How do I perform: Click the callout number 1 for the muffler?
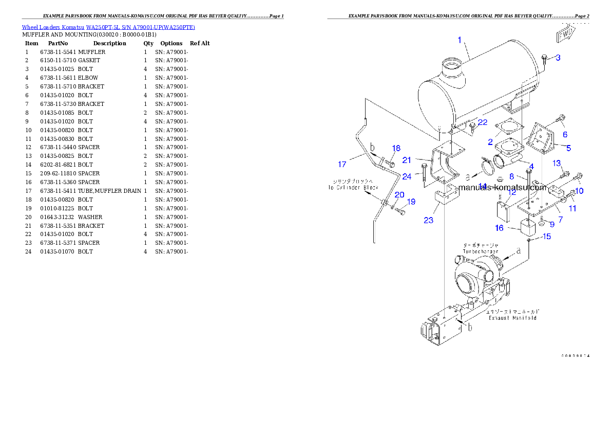click(460, 39)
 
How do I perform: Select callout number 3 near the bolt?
click(558, 58)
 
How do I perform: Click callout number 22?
click(483, 122)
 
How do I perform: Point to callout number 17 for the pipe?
click(342, 165)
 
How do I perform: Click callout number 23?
click(429, 220)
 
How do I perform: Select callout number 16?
click(499, 228)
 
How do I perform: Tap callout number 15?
click(547, 237)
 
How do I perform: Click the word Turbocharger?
click(481, 251)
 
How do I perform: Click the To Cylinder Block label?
click(353, 188)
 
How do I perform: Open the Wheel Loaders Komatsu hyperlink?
click(108, 27)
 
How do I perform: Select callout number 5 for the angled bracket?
click(568, 148)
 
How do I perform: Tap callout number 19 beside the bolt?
click(411, 202)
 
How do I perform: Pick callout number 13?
click(557, 163)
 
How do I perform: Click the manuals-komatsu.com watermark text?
click(503, 187)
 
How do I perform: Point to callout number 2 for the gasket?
click(490, 142)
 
